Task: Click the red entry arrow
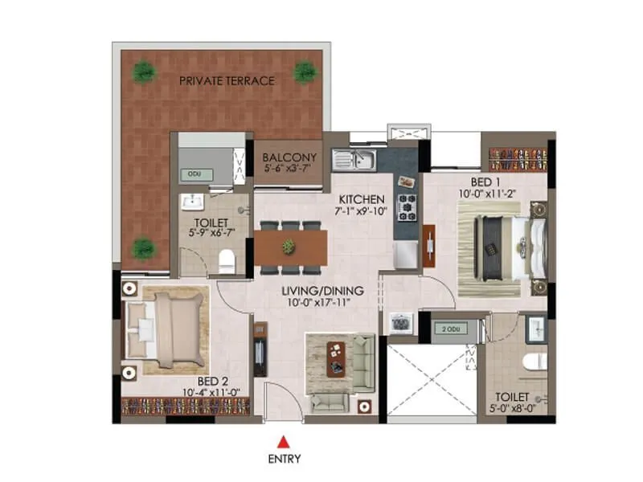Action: click(x=282, y=441)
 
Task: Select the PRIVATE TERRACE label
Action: click(x=227, y=81)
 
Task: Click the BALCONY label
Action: click(x=290, y=157)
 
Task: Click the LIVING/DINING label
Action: click(x=322, y=290)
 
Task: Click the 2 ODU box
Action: click(x=449, y=329)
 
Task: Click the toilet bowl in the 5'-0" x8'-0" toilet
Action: click(x=534, y=363)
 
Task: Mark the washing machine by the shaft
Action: click(x=400, y=323)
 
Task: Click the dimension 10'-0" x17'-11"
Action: click(x=322, y=304)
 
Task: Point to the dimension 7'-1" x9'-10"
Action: click(x=362, y=212)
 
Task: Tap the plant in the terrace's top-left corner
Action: click(x=144, y=71)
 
